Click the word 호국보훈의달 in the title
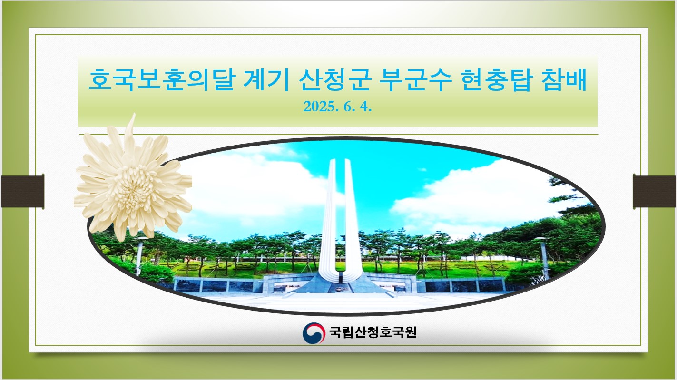pos(162,80)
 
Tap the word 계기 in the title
pos(266,80)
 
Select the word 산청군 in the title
pos(335,80)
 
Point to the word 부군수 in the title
pos(415,80)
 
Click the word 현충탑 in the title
pos(496,80)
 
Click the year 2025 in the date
pos(319,107)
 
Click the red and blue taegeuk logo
pos(314,333)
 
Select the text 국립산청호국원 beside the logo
pos(373,332)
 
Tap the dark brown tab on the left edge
pos(23,192)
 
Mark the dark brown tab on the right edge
pos(654,192)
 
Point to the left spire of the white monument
pos(329,217)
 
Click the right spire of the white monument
pos(350,217)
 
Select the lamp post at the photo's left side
pos(139,256)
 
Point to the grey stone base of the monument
pos(341,284)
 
